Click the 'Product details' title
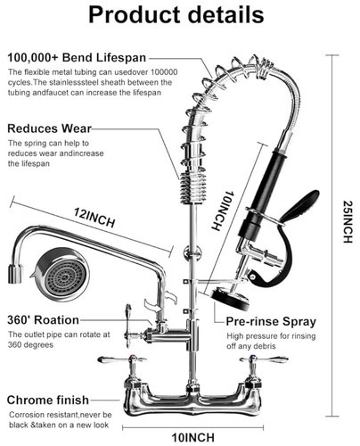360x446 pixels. [176, 15]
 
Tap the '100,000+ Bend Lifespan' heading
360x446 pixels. [77, 57]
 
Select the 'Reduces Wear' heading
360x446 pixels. [49, 128]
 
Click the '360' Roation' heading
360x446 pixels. [43, 320]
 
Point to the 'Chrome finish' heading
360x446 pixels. [48, 400]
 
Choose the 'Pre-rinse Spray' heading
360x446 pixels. [271, 321]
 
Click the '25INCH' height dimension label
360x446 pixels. [348, 222]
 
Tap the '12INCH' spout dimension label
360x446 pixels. [94, 218]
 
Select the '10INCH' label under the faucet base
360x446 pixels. [192, 437]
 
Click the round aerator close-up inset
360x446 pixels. [61, 275]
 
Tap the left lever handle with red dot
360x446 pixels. [122, 359]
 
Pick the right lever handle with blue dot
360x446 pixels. [264, 359]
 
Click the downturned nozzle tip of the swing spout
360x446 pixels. [14, 274]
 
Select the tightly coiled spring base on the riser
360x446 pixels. [193, 188]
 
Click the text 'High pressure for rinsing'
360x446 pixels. [271, 336]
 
